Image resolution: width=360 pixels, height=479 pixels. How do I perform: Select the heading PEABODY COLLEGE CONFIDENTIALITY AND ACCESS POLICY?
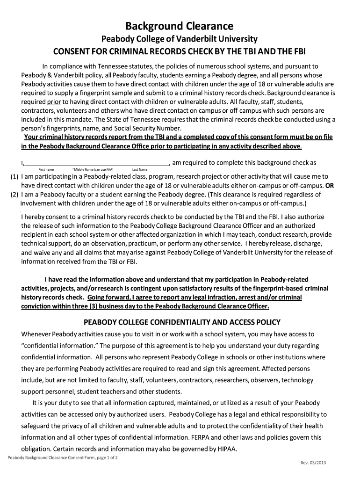pyautogui.click(x=181, y=322)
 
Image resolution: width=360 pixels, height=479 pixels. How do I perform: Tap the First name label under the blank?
pyautogui.click(x=46, y=169)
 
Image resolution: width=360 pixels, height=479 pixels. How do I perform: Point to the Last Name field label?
pyautogui.click(x=140, y=169)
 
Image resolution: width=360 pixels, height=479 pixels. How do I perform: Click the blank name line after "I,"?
pyautogui.click(x=96, y=164)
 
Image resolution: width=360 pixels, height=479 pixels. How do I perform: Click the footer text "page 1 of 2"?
pyautogui.click(x=103, y=458)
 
